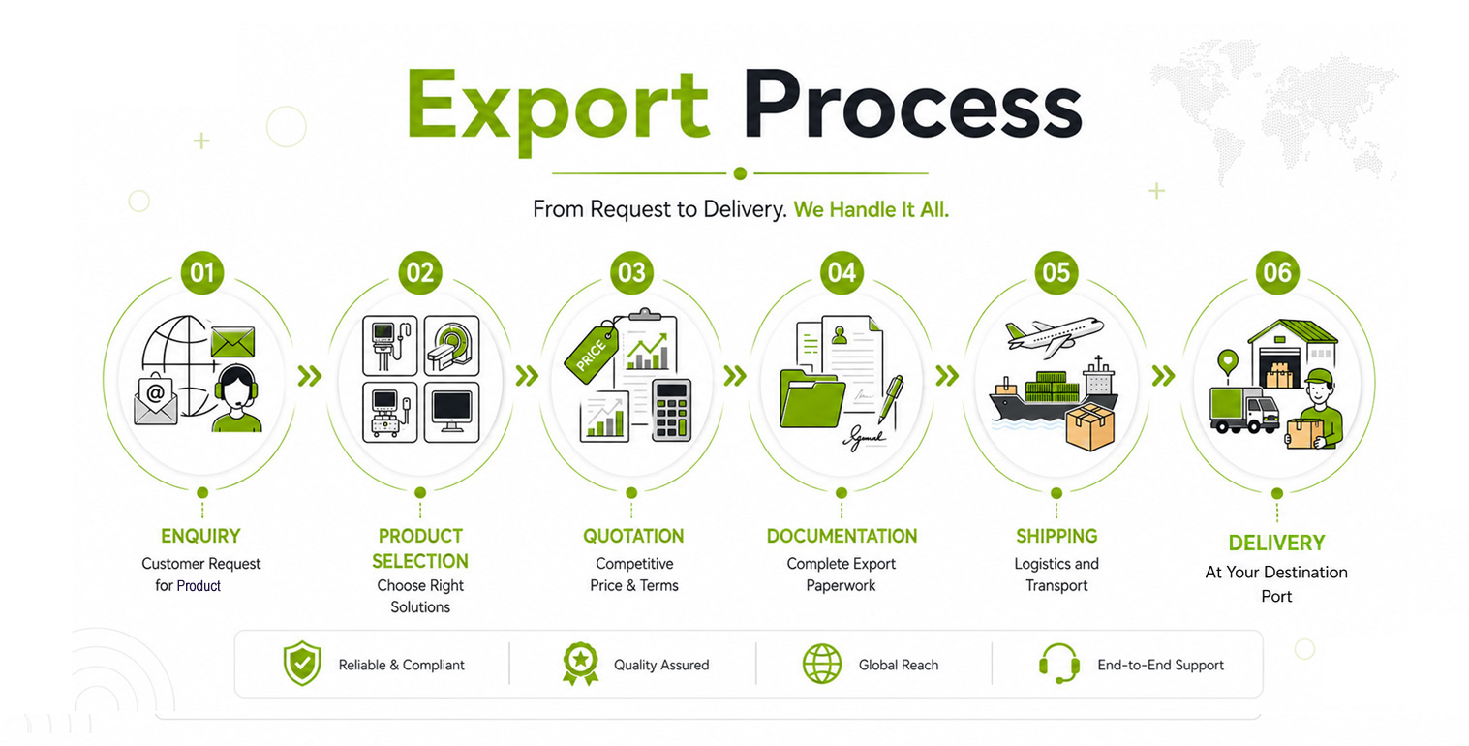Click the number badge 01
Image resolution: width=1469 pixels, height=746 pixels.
tap(202, 272)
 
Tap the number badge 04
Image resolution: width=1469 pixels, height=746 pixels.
tap(842, 272)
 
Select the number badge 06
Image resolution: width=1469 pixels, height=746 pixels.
tap(1277, 272)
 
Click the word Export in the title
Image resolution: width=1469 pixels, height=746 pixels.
tap(558, 109)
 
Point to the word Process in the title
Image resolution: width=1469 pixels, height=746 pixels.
tap(912, 105)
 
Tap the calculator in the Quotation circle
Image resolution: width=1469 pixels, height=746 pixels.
tap(671, 410)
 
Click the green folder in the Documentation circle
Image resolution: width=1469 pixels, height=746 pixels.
tap(811, 398)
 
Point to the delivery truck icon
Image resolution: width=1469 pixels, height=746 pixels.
tap(1243, 410)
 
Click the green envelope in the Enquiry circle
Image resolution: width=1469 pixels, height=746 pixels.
tap(232, 342)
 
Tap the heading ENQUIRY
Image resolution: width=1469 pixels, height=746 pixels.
tap(200, 536)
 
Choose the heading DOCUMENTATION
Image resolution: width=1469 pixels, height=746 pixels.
tap(842, 536)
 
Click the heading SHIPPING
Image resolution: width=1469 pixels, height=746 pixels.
tap(1056, 536)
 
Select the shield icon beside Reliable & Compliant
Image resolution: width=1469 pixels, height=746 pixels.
tap(302, 664)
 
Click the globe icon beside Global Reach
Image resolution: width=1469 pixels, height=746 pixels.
tap(822, 664)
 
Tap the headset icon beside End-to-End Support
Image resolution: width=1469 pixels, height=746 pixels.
tap(1059, 664)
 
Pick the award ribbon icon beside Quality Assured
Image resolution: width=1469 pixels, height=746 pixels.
tap(580, 664)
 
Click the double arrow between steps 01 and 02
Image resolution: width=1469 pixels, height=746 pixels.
tap(310, 376)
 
